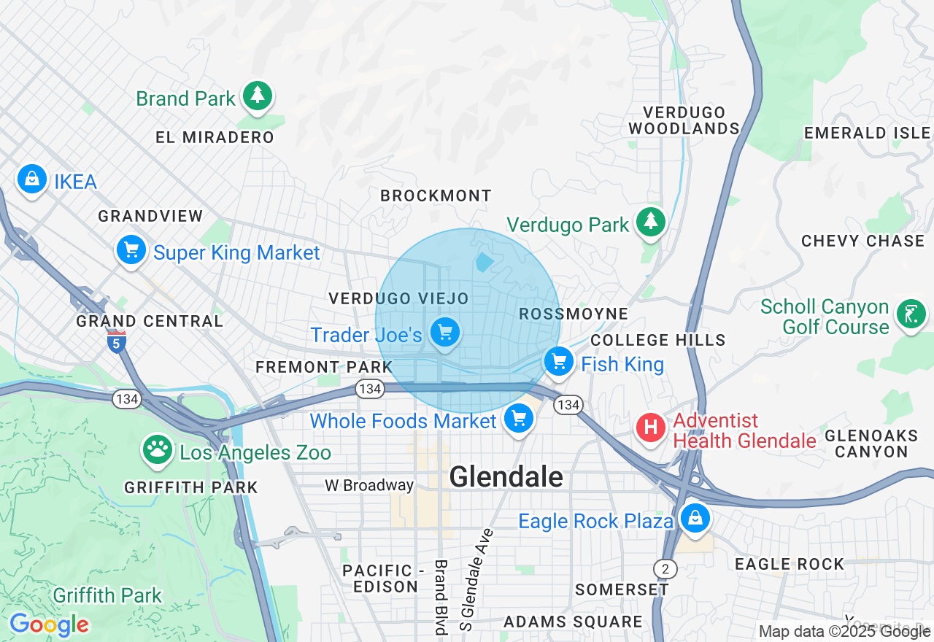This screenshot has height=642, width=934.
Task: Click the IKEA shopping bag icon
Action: coord(32,179)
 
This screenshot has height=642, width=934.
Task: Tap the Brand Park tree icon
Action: coord(257,96)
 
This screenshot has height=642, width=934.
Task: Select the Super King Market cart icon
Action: coord(131,251)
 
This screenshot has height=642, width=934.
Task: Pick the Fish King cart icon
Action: coord(559,362)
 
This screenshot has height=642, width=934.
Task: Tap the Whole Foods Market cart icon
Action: coord(519,419)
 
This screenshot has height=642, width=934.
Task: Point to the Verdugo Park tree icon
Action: coord(650,222)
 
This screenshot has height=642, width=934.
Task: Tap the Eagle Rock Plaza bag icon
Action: coord(695,519)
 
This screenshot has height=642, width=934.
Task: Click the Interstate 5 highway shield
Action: coord(117,342)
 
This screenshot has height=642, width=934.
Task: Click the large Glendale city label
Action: coord(506,477)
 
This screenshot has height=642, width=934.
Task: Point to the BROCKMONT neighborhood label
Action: coord(436,196)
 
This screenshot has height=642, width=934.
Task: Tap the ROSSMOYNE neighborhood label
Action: coord(573,314)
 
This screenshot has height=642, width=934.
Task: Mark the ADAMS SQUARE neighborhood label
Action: coord(573,622)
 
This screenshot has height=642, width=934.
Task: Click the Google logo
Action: coord(49,624)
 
